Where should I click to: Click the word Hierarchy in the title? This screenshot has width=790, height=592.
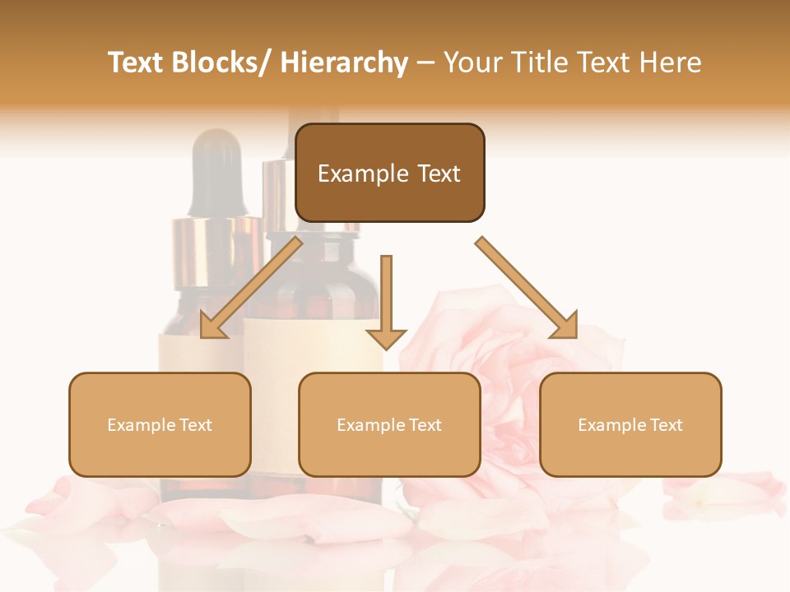point(344,63)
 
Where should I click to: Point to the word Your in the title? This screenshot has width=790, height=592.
point(472,63)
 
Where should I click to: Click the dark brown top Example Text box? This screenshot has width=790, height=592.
point(389,173)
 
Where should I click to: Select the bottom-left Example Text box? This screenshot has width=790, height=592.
point(160,424)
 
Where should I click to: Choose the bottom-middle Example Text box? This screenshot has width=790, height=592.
point(389,424)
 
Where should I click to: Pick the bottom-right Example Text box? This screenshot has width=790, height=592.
point(630,424)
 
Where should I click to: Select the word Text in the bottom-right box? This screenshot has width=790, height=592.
point(666,425)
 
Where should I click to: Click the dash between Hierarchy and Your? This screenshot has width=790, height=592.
point(425,63)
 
